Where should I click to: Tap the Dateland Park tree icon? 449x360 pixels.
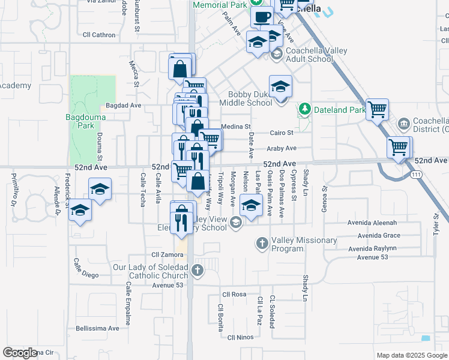(305, 109)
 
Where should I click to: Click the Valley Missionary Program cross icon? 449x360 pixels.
(262, 243)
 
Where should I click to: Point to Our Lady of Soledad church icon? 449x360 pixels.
(198, 270)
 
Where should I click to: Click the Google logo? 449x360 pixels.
(20, 353)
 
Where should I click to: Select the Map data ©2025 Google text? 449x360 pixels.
(411, 355)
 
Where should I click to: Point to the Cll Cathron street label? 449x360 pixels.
(99, 35)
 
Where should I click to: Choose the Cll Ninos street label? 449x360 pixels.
(240, 338)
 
